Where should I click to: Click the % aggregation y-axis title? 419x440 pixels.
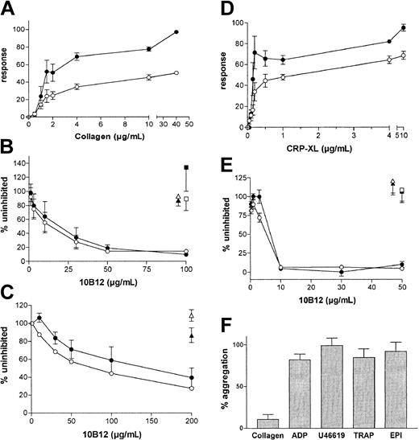pyautogui.click(x=218, y=377)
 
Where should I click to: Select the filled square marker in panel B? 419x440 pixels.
pyautogui.click(x=186, y=167)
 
